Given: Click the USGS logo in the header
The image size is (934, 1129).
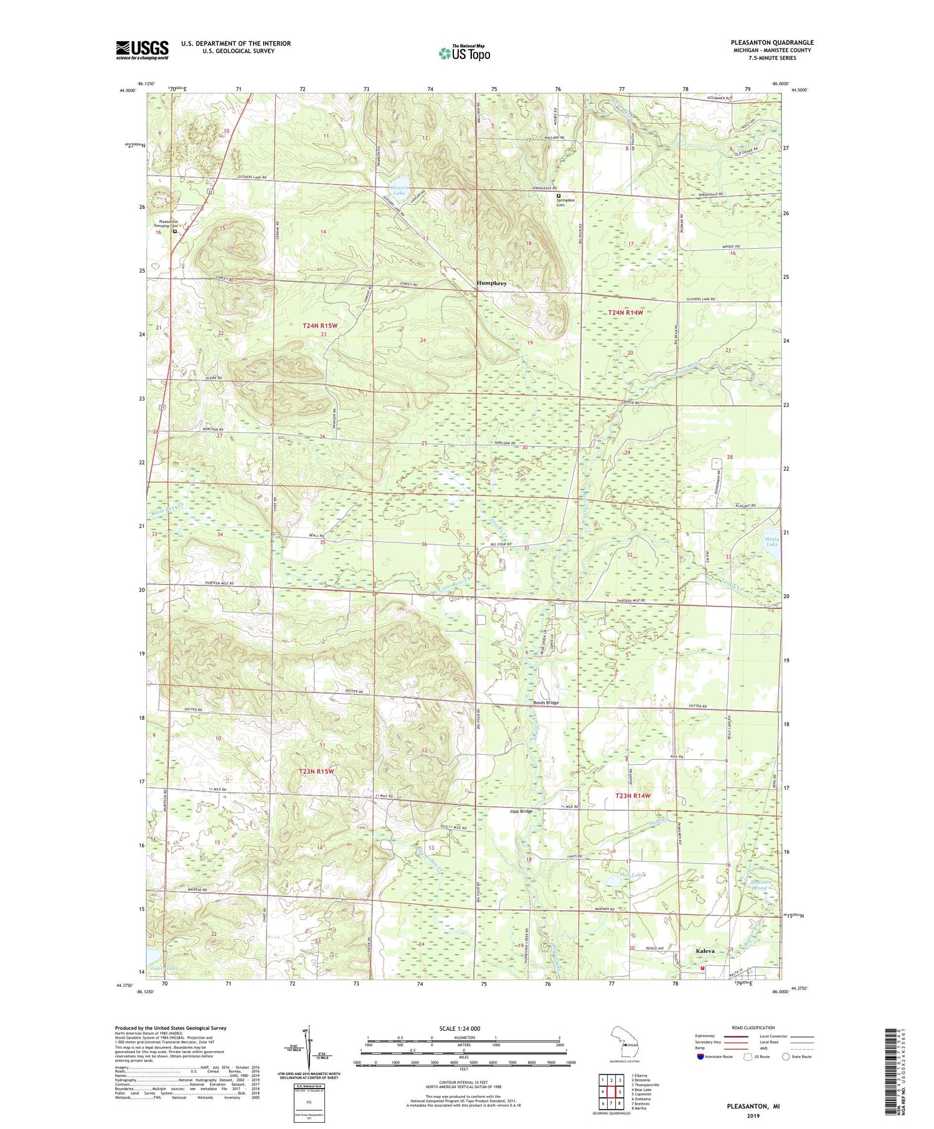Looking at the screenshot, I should [x=142, y=50].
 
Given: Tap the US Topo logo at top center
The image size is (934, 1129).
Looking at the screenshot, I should [x=464, y=53].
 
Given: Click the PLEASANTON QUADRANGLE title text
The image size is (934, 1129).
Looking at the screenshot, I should [x=772, y=42].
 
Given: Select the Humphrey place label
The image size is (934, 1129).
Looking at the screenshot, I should [x=491, y=283].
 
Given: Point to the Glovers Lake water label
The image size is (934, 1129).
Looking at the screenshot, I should [x=399, y=190].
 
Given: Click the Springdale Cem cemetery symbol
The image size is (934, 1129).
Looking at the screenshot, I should [x=559, y=195].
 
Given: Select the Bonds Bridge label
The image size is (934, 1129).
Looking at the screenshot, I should [x=546, y=702].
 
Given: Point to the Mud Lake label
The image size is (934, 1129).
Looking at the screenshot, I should [x=631, y=875].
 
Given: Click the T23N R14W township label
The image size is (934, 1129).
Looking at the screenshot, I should [x=633, y=796].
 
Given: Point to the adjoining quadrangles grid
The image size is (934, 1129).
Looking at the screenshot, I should [x=611, y=1087].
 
